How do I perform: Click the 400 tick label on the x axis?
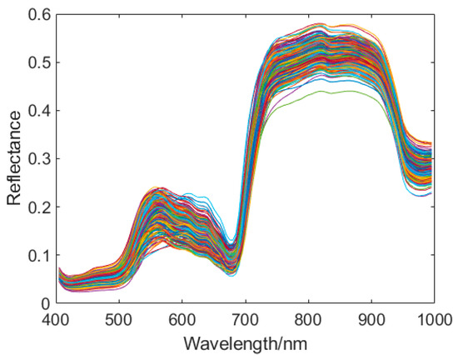tap(57, 319)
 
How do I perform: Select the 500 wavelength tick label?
tap(119, 319)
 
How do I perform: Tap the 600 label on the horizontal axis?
tap(182, 319)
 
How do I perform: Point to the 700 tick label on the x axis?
tap(245, 319)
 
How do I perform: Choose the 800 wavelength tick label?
tap(308, 319)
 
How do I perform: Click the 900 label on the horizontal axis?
tap(371, 319)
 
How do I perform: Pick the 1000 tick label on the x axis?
tap(431, 319)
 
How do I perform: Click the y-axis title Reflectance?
tap(14, 159)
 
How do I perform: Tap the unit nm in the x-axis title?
tap(292, 344)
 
